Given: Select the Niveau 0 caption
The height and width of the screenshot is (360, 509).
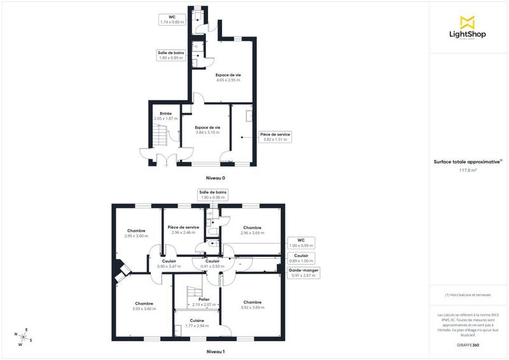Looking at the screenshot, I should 216,178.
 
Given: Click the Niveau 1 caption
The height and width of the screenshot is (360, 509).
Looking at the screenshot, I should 216,351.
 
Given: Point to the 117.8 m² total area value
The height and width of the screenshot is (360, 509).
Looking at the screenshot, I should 468,170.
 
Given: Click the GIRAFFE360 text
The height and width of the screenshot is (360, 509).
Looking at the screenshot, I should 468,344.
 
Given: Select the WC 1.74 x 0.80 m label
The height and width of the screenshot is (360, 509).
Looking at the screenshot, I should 172,19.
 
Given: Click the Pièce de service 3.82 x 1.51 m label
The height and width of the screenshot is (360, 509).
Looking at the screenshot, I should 275,137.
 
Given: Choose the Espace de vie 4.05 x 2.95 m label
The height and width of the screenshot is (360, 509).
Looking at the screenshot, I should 228,78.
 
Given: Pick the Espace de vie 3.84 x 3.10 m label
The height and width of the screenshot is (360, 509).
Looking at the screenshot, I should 207,130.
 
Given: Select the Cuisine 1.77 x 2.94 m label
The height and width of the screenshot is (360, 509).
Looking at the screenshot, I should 197,322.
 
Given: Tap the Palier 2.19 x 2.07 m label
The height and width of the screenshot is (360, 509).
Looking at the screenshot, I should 204,302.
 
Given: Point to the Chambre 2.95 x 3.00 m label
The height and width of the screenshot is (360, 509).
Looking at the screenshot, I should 136,233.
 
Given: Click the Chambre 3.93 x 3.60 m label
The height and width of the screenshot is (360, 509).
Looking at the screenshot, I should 144,305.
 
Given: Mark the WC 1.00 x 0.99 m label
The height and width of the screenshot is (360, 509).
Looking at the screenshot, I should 301,243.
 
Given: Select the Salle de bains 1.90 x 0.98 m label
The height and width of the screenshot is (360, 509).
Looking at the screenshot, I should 213,195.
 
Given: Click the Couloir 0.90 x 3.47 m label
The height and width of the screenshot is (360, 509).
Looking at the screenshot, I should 169,263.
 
